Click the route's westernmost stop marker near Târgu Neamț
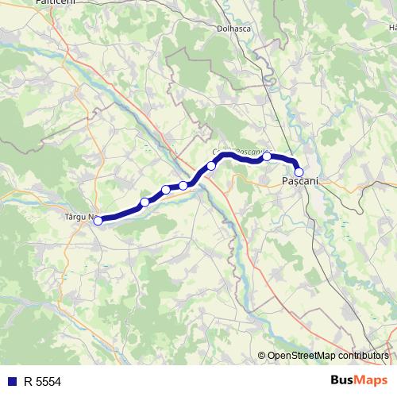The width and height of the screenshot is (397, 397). click(98, 221)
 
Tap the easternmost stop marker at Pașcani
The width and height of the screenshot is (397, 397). click(299, 172)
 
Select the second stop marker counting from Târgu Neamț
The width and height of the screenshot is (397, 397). click(145, 202)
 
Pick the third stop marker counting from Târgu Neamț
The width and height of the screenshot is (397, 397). click(166, 190)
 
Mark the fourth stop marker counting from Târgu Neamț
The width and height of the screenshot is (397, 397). click(183, 186)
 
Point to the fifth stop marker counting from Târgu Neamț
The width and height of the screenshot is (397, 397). click(211, 166)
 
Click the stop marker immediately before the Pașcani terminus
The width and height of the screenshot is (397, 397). click(268, 156)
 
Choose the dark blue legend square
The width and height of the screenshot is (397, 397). click(12, 382)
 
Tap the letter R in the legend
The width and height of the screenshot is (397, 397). click(28, 382)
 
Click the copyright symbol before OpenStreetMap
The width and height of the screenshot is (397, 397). click(262, 357)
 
